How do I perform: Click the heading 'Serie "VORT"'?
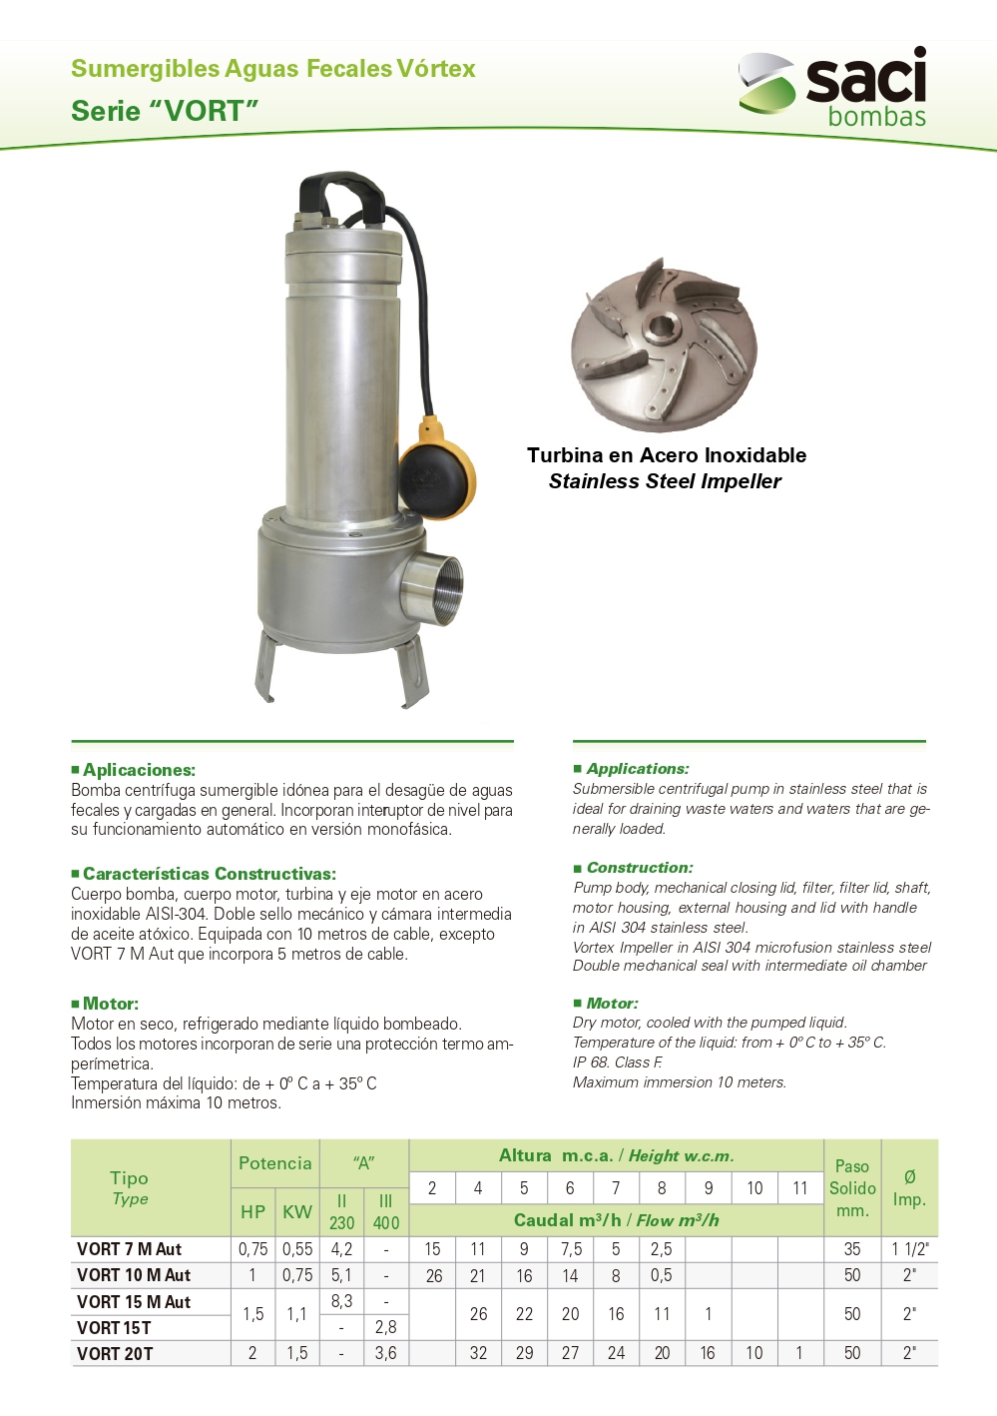click(165, 111)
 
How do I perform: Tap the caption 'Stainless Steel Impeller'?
click(665, 481)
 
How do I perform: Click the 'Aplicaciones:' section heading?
click(139, 770)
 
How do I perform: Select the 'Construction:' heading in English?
click(639, 868)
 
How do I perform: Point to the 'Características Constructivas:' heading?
click(209, 874)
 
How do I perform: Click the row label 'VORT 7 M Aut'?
click(129, 1249)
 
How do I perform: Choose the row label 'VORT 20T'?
click(115, 1354)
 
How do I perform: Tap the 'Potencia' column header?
click(274, 1163)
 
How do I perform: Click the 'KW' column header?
click(296, 1211)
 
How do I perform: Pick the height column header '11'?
click(799, 1188)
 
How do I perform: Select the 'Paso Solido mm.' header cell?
click(852, 1188)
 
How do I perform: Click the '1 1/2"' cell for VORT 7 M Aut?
click(909, 1249)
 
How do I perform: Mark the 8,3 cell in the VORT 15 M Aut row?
click(341, 1301)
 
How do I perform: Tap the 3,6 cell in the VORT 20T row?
click(385, 1353)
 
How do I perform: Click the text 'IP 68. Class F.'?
click(617, 1062)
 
